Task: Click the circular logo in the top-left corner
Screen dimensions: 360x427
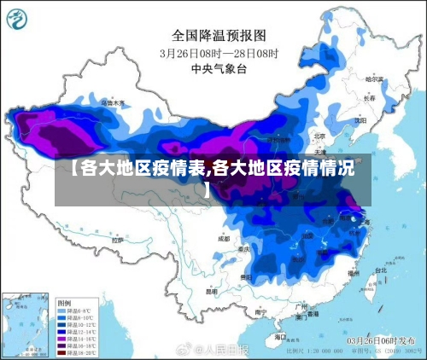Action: coord(18,18)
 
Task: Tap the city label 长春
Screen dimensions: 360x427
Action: coord(369,97)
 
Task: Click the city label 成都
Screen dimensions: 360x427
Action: coord(224,239)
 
